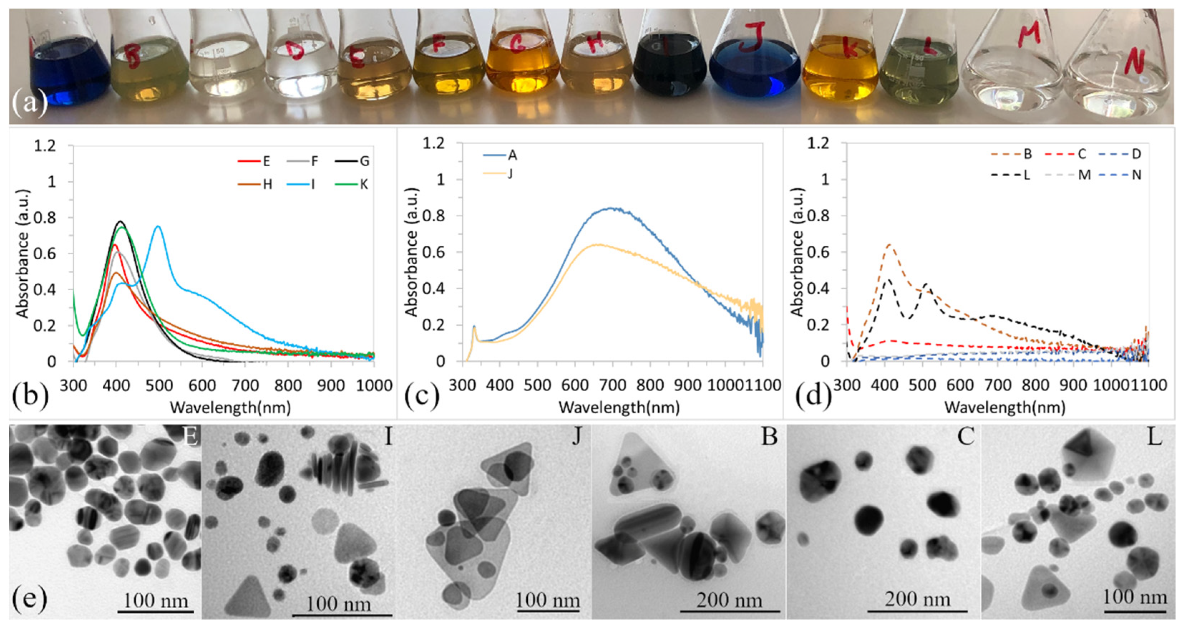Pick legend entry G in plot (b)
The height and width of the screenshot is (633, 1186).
click(364, 161)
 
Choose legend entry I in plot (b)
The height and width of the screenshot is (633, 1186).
click(313, 185)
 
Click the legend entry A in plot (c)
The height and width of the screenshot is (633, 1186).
click(512, 156)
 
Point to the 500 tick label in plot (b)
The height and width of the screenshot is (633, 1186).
click(159, 384)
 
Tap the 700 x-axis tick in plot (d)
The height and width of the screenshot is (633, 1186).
click(998, 384)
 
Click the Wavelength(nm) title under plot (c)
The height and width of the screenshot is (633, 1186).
click(619, 407)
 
